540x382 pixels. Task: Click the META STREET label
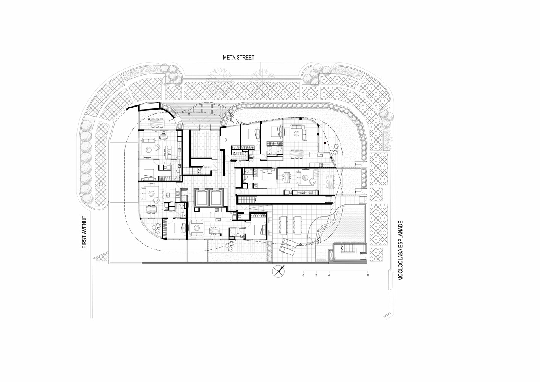pyautogui.click(x=238, y=58)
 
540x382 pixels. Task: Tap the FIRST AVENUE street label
pyautogui.click(x=84, y=232)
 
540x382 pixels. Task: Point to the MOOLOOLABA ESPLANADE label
pyautogui.click(x=401, y=251)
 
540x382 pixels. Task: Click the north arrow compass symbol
pyautogui.click(x=278, y=271)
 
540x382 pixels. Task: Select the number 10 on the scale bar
pyautogui.click(x=368, y=275)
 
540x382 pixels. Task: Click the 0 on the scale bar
pyautogui.click(x=303, y=275)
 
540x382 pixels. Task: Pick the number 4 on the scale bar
pyautogui.click(x=329, y=275)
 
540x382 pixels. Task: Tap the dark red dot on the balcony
pyautogui.click(x=325, y=143)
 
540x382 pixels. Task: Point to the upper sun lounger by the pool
pyautogui.click(x=290, y=242)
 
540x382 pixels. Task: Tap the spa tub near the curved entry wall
pyautogui.click(x=179, y=126)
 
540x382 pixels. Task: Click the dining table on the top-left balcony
pyautogui.click(x=157, y=123)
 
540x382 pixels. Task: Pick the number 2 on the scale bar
pyautogui.click(x=316, y=275)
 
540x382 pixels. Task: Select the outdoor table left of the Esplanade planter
pyautogui.click(x=330, y=181)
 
